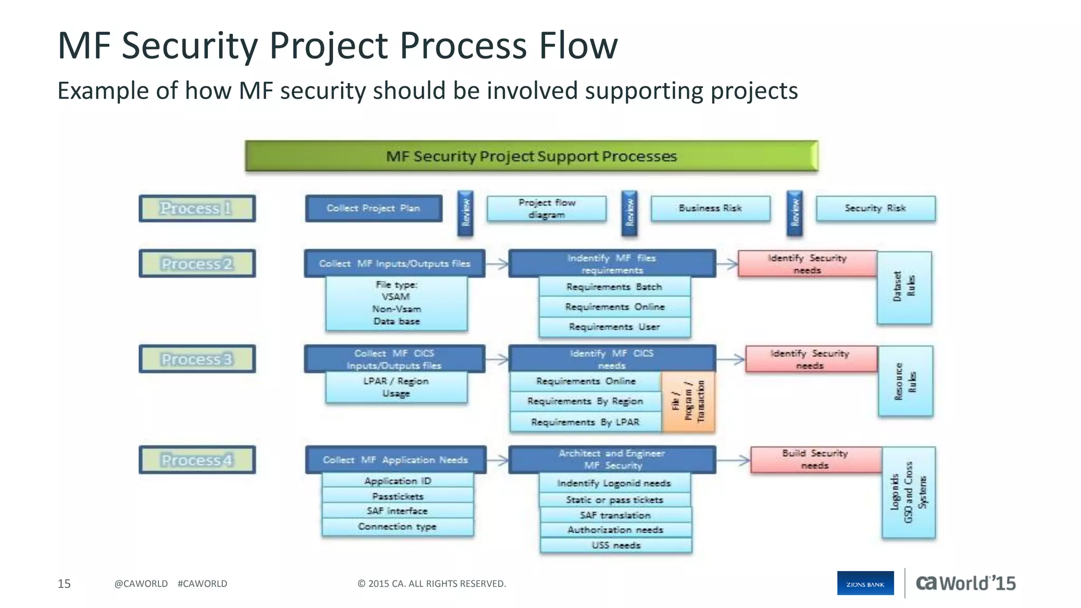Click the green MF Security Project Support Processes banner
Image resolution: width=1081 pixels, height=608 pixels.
(x=532, y=156)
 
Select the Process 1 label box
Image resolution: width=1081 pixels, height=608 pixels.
(x=197, y=208)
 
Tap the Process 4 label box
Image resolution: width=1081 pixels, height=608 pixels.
(x=197, y=460)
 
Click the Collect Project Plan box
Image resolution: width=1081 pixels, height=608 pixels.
(x=373, y=208)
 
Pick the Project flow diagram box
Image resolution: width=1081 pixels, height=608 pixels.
(x=546, y=209)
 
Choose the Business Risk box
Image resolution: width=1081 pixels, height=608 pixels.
(x=710, y=208)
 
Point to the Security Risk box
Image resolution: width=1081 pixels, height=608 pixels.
(x=875, y=208)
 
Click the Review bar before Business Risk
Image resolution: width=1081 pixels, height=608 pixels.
(x=629, y=213)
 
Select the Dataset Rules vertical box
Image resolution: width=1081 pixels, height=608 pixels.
(x=904, y=288)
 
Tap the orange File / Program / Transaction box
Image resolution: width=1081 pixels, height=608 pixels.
(x=688, y=402)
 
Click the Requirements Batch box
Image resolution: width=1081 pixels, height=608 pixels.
(x=614, y=287)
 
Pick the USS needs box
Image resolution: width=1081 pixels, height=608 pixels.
(x=615, y=545)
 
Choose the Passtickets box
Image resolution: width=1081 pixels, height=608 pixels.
(x=397, y=496)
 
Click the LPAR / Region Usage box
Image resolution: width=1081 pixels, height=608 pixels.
(x=396, y=387)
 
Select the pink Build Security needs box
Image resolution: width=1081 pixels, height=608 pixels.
(x=815, y=459)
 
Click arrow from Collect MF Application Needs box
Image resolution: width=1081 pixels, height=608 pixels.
(x=497, y=460)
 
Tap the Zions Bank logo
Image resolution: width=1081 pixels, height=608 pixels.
(x=865, y=583)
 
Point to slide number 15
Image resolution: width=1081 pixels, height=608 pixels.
(x=64, y=584)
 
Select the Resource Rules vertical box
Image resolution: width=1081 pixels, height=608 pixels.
(x=905, y=381)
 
